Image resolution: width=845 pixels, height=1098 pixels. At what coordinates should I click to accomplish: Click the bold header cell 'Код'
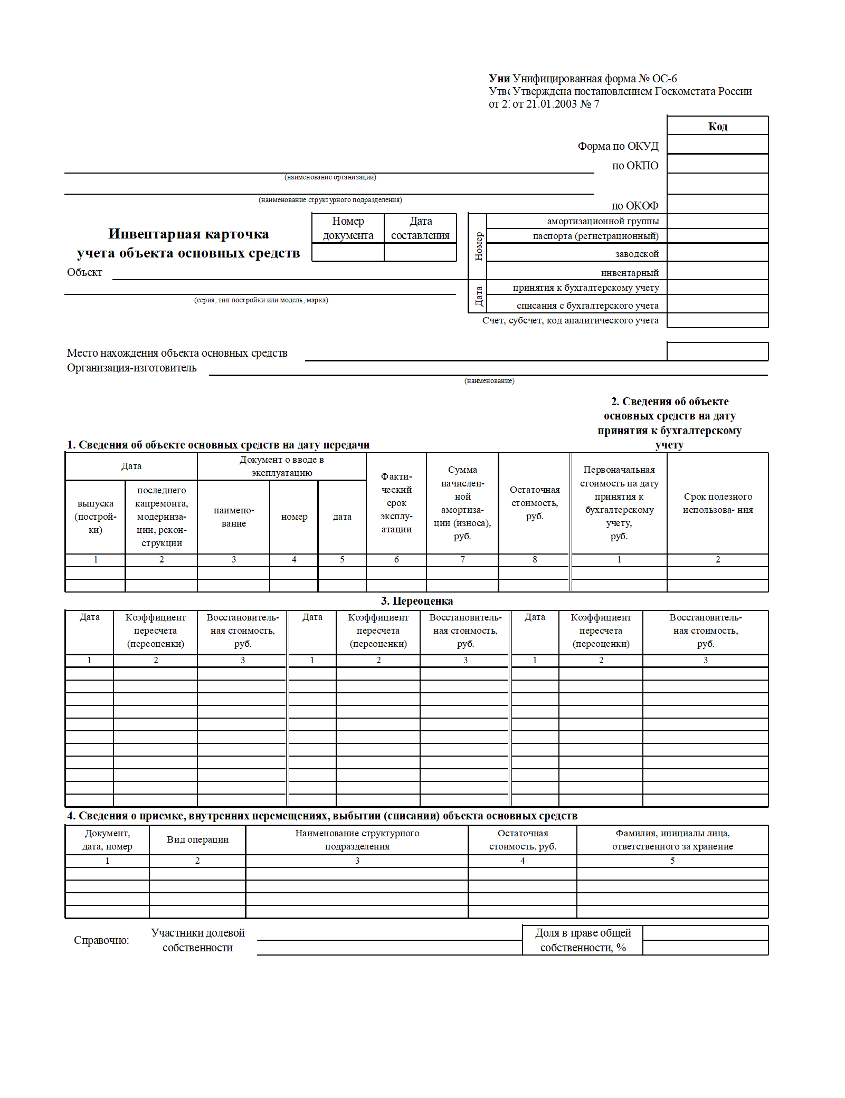pyautogui.click(x=717, y=126)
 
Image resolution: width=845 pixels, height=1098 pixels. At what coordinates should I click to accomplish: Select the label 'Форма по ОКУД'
pyautogui.click(x=618, y=146)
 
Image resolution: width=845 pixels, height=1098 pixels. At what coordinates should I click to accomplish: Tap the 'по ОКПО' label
pyautogui.click(x=635, y=166)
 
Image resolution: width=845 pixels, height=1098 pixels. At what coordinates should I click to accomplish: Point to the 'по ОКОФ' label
pyautogui.click(x=634, y=206)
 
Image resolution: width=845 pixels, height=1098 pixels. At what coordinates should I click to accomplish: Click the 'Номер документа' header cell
pyautogui.click(x=348, y=228)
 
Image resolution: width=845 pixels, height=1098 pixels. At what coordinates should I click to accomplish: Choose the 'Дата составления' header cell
pyautogui.click(x=420, y=228)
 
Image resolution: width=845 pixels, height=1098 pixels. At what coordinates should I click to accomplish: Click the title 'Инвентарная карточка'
pyautogui.click(x=188, y=234)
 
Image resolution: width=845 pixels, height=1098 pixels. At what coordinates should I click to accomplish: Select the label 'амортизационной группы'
pyautogui.click(x=603, y=221)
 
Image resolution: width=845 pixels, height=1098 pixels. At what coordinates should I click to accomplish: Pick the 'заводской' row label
pyautogui.click(x=637, y=254)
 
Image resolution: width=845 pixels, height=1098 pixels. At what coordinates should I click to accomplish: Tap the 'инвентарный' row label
pyautogui.click(x=630, y=273)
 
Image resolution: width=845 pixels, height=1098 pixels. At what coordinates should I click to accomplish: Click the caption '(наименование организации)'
pyautogui.click(x=330, y=177)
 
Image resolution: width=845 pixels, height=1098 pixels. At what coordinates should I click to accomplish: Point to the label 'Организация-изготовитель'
pyautogui.click(x=131, y=368)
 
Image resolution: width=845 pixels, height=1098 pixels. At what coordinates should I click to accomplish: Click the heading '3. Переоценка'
pyautogui.click(x=416, y=601)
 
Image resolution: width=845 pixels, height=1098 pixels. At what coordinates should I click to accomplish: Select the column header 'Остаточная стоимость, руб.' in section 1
pyautogui.click(x=534, y=503)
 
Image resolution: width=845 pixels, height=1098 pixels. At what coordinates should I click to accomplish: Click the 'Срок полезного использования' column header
pyautogui.click(x=717, y=503)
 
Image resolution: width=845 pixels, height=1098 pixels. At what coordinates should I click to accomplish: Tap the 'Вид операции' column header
pyautogui.click(x=197, y=839)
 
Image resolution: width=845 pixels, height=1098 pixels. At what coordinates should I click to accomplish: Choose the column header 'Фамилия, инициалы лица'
pyautogui.click(x=672, y=839)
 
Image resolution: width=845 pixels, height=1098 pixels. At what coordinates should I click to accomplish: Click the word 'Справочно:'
pyautogui.click(x=101, y=940)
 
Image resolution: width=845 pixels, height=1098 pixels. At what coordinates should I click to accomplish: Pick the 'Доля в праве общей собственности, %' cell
pyautogui.click(x=583, y=940)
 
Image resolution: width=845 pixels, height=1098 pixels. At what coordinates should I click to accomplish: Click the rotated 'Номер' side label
pyautogui.click(x=478, y=246)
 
